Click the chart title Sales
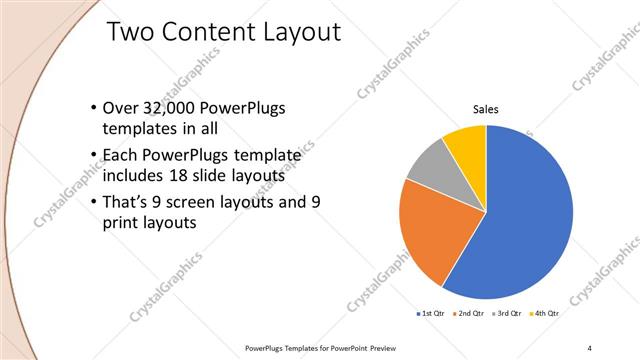click(485, 109)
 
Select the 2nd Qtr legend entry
click(471, 313)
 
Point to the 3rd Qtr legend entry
click(508, 313)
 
